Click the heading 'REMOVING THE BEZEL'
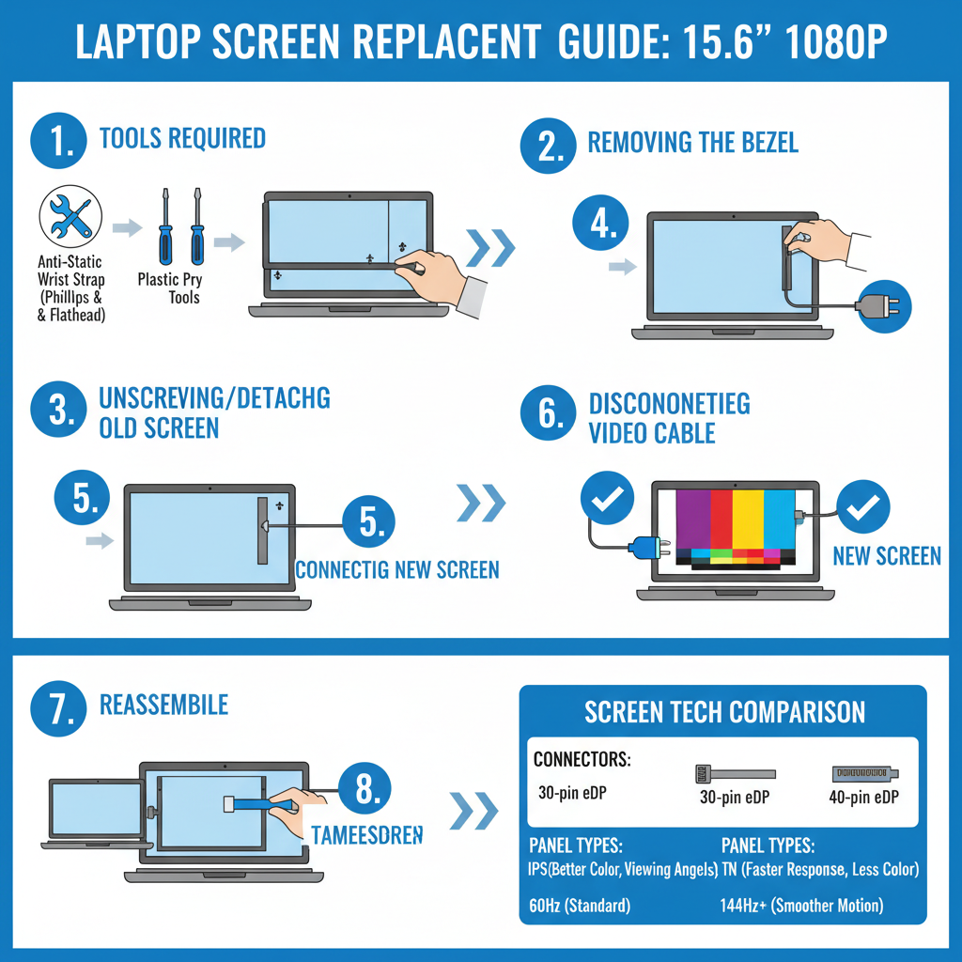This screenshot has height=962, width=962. click(692, 143)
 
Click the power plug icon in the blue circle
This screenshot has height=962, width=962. click(884, 305)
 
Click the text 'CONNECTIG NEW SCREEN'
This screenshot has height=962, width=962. click(397, 569)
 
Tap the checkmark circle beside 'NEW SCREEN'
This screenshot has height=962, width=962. click(862, 508)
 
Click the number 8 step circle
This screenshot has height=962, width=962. click(366, 790)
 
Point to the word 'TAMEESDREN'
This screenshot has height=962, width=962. click(366, 834)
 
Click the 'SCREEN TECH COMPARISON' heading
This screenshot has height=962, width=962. click(724, 711)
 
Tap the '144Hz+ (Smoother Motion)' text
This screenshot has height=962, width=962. click(801, 906)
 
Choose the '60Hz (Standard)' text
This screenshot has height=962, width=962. click(580, 906)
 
